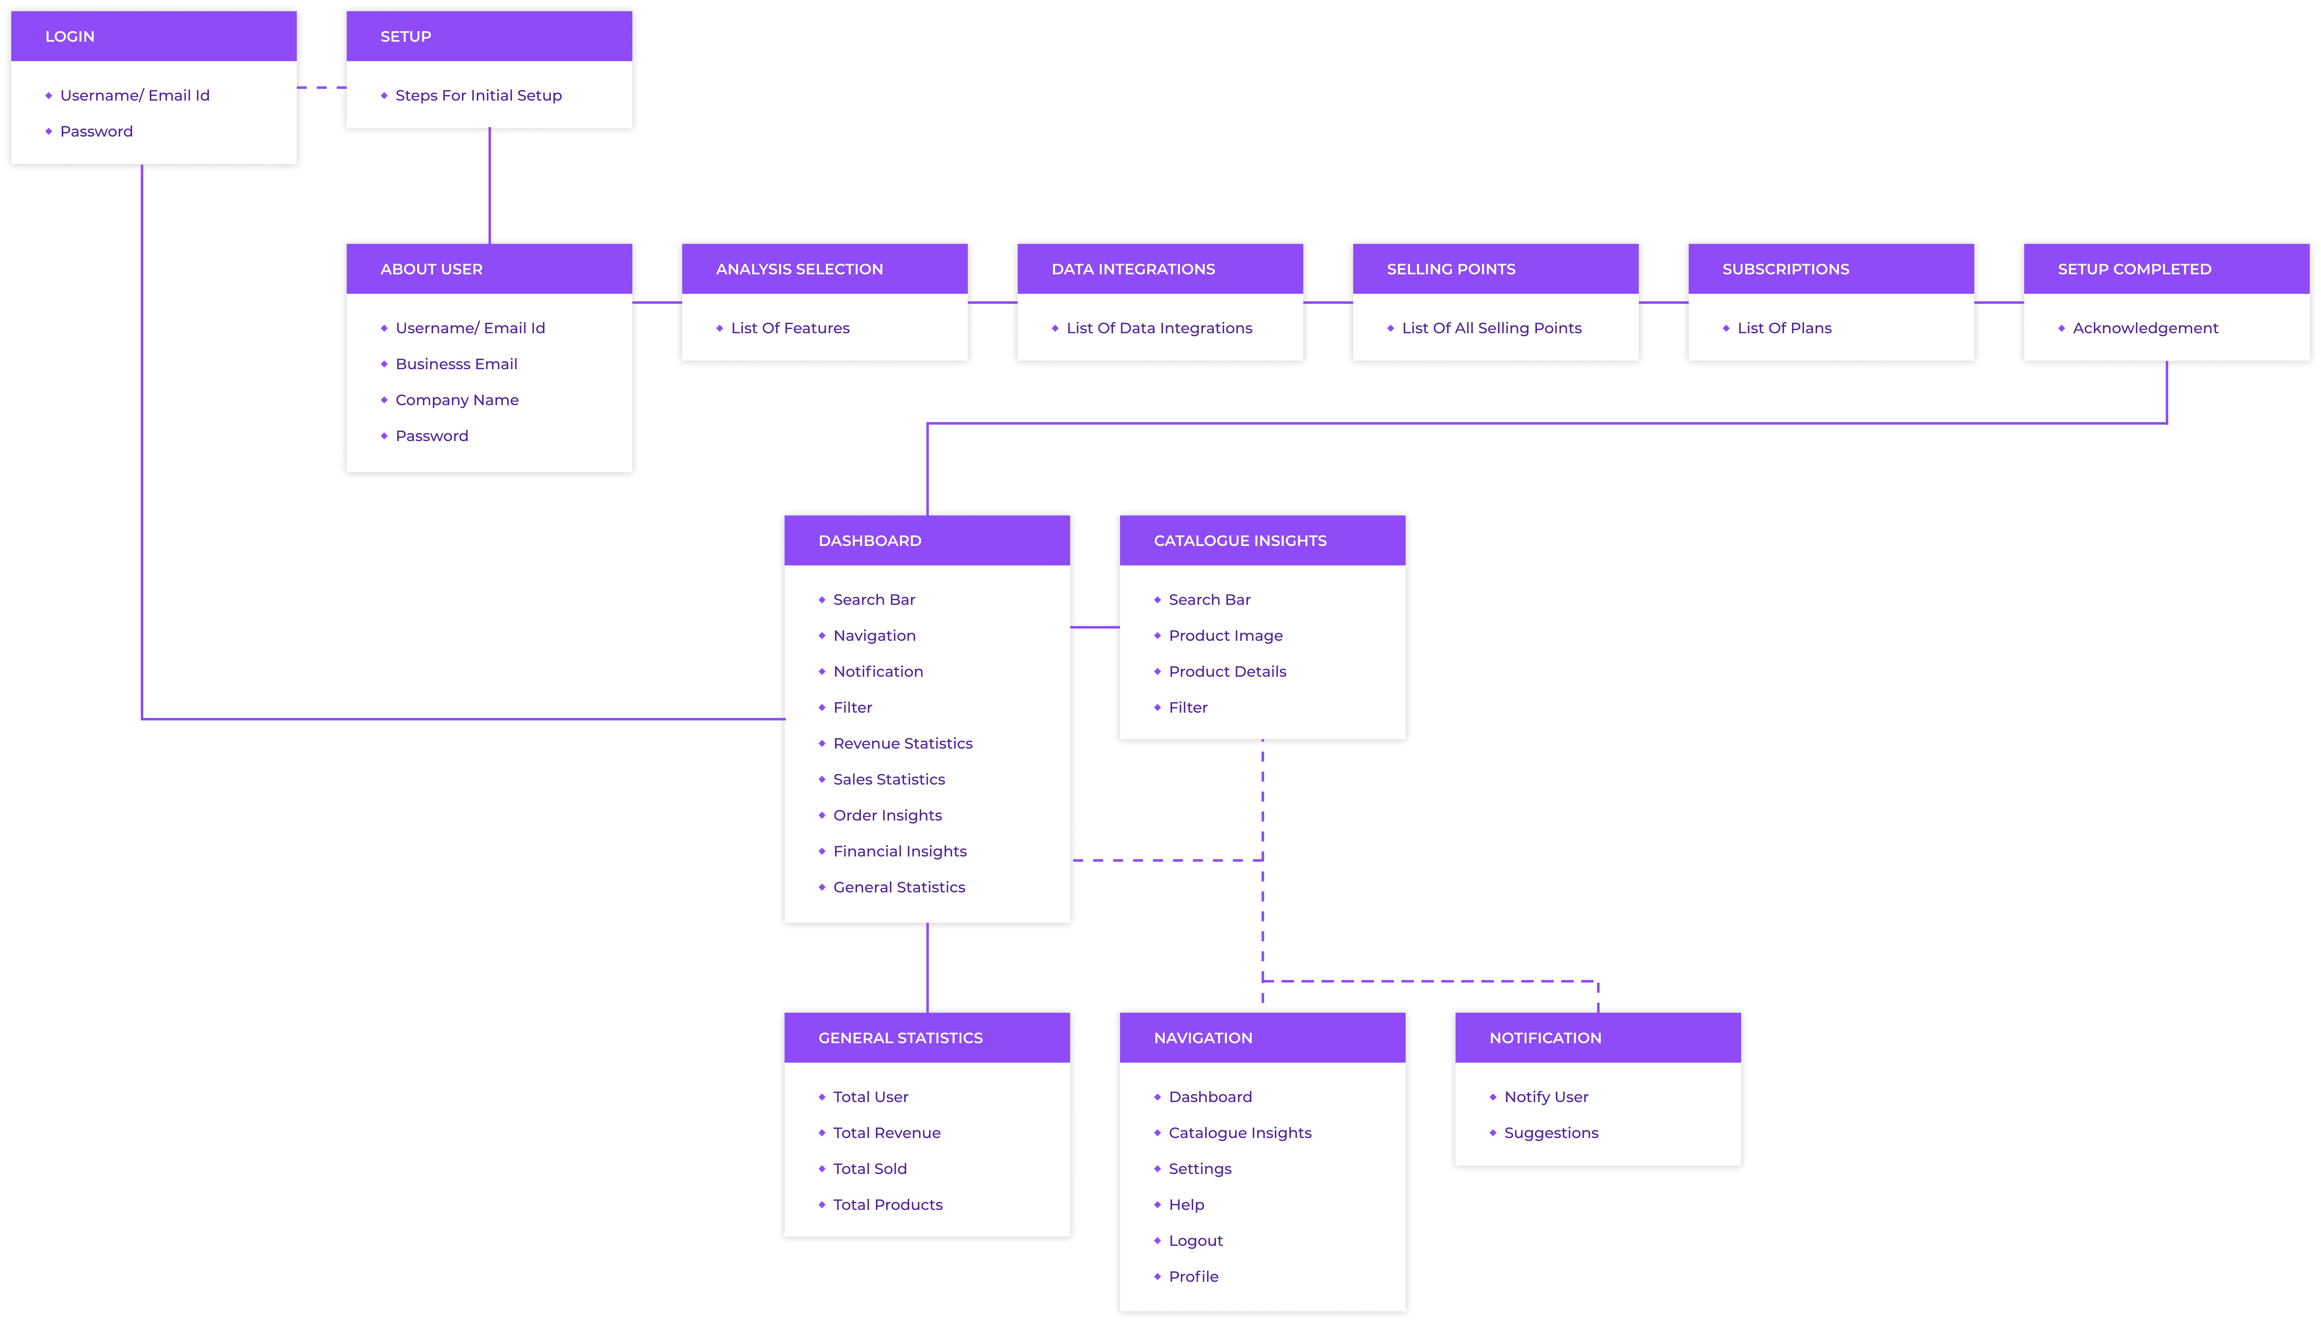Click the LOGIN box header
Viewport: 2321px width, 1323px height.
pyautogui.click(x=154, y=36)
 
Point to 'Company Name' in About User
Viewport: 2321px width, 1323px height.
pyautogui.click(x=457, y=400)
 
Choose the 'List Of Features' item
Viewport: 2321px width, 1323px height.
pyautogui.click(x=790, y=328)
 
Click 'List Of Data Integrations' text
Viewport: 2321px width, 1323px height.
pyautogui.click(x=1159, y=328)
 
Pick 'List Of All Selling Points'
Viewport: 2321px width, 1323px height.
pyautogui.click(x=1492, y=328)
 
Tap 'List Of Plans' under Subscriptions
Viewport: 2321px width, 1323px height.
pyautogui.click(x=1784, y=328)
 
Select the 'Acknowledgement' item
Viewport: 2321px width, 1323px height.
pyautogui.click(x=2145, y=328)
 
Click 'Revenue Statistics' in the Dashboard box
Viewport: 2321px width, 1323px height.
pyautogui.click(x=903, y=743)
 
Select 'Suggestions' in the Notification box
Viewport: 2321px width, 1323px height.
pyautogui.click(x=1551, y=1133)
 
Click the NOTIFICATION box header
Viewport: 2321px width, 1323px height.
pyautogui.click(x=1598, y=1038)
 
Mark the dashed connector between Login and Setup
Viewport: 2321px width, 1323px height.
pyautogui.click(x=322, y=88)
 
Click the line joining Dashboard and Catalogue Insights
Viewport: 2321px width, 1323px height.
pyautogui.click(x=1095, y=627)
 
